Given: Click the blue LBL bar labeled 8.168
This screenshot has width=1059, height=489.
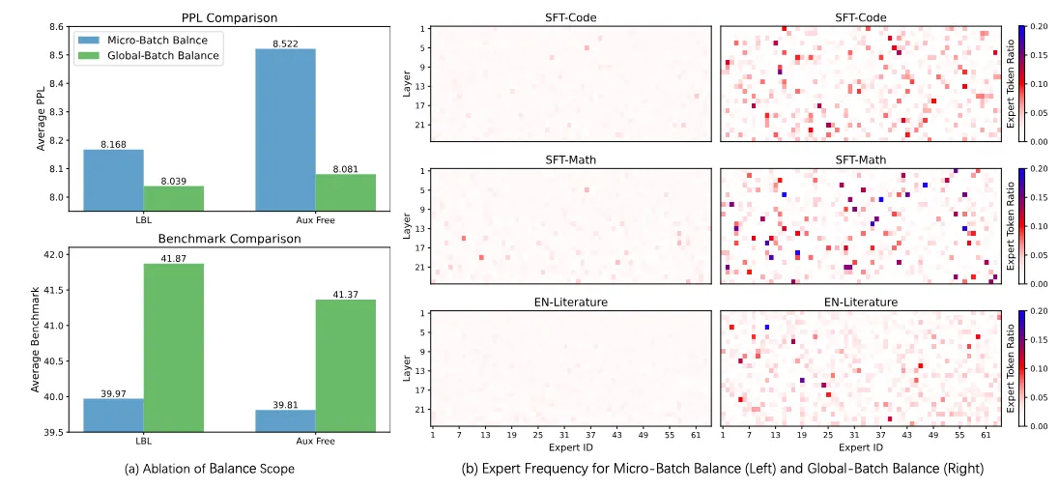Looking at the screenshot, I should (x=113, y=180).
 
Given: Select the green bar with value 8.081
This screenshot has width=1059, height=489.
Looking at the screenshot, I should (x=345, y=192).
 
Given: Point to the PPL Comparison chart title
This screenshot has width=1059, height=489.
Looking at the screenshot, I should (x=230, y=17).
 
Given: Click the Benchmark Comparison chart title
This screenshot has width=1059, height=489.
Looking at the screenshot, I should (x=230, y=239).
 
